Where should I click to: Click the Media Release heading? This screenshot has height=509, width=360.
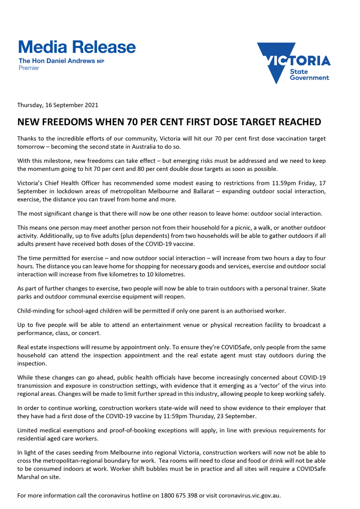pyautogui.click(x=77, y=47)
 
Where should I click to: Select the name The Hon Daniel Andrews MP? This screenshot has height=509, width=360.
pyautogui.click(x=61, y=61)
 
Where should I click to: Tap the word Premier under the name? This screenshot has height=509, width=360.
pyautogui.click(x=29, y=68)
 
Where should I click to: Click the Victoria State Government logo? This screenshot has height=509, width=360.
pyautogui.click(x=293, y=63)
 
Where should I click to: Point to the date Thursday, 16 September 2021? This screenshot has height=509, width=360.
pyautogui.click(x=58, y=105)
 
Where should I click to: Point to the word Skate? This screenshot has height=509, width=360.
pyautogui.click(x=318, y=288)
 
